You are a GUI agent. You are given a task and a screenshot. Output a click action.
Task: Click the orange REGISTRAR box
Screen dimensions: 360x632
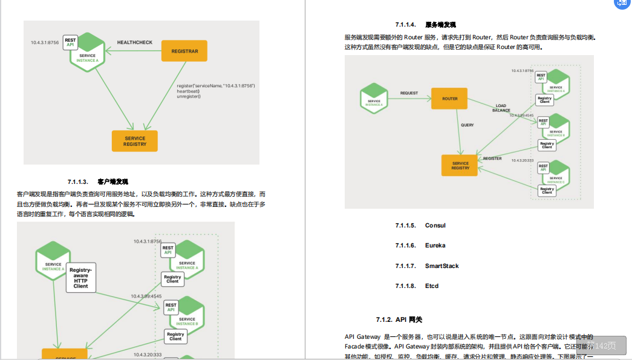[184, 51]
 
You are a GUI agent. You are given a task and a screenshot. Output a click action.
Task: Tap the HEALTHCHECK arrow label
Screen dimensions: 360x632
[134, 42]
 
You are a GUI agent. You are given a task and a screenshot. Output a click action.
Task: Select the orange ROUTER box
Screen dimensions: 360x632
[449, 98]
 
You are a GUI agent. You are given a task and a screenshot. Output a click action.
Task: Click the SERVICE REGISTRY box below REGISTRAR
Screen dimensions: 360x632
[134, 141]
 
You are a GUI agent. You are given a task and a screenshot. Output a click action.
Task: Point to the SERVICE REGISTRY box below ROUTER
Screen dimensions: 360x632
[460, 165]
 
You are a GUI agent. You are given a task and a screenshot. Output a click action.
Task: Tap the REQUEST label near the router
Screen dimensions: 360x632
[409, 93]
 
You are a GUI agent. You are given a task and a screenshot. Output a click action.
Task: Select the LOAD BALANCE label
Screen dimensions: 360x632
[501, 108]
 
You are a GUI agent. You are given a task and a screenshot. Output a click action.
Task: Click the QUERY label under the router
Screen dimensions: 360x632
[467, 125]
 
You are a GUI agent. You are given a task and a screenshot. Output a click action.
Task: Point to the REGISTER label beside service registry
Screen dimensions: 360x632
[492, 159]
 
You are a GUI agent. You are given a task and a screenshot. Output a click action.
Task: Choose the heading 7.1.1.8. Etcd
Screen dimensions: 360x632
[417, 286]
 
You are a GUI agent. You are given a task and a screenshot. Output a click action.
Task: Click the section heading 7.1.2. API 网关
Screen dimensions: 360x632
[399, 319]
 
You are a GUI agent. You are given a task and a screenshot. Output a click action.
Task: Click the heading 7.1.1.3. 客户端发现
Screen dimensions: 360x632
[98, 182]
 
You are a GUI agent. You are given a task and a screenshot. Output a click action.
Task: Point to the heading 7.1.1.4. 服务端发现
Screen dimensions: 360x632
[425, 25]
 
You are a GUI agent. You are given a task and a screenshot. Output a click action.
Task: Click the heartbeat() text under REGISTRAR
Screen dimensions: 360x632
[188, 91]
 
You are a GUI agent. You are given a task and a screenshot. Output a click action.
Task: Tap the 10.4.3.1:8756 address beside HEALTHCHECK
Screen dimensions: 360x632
[45, 42]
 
